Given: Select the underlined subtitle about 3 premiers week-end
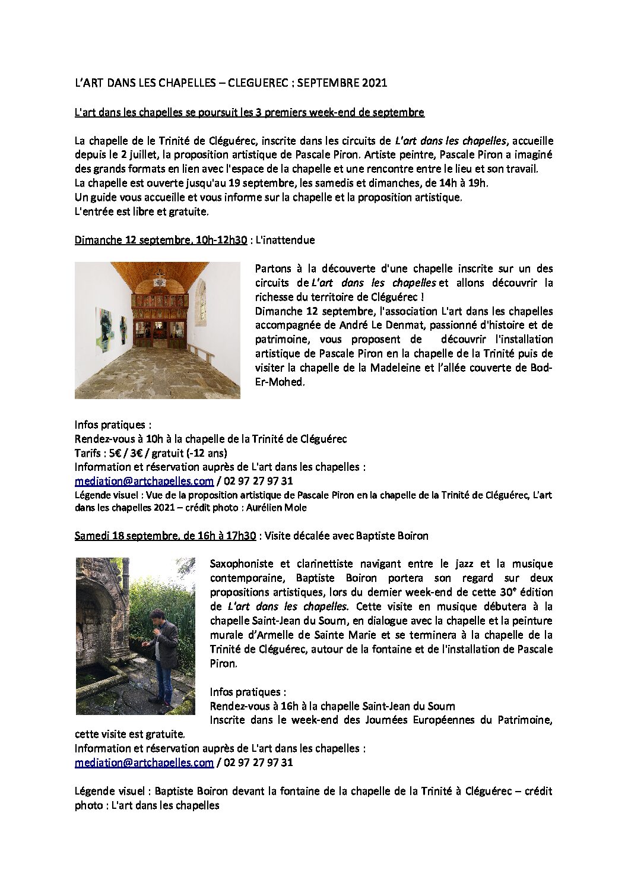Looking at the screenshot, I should [x=249, y=112].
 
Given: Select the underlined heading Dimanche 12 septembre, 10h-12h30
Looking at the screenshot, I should [x=160, y=241].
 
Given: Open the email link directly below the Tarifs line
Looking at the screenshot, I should [x=144, y=482].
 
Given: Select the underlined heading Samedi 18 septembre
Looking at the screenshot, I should [x=165, y=536].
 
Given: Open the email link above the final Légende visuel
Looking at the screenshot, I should [x=144, y=763].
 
